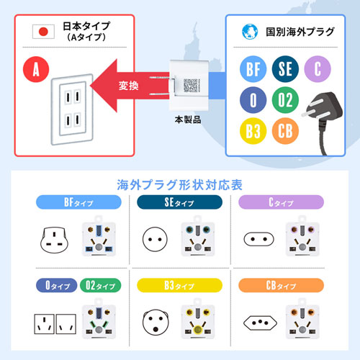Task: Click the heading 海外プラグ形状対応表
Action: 179,184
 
